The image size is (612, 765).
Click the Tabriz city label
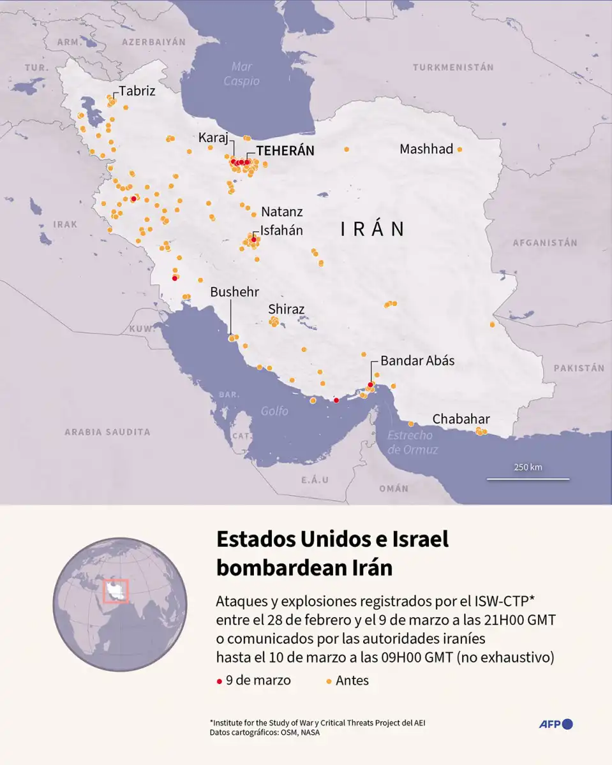(x=137, y=91)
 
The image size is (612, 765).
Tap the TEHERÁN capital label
(x=285, y=151)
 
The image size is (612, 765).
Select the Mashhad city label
(x=426, y=149)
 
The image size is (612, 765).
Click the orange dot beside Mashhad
(x=459, y=149)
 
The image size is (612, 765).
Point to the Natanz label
(x=281, y=212)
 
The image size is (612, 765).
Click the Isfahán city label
(x=281, y=231)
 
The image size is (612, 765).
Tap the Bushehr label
(x=234, y=292)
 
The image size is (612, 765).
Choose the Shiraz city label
(x=286, y=309)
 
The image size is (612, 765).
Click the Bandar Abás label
(x=417, y=361)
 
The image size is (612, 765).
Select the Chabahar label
(x=461, y=419)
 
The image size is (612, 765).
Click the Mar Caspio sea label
(x=242, y=74)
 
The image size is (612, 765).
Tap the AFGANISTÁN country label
(x=544, y=243)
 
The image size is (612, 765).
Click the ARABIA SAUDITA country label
(x=107, y=432)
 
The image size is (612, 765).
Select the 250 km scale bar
(x=528, y=478)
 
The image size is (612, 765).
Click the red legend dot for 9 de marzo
(x=220, y=681)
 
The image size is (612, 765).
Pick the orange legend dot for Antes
(x=329, y=681)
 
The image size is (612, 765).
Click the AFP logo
(x=555, y=724)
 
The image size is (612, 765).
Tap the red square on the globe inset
(x=116, y=592)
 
